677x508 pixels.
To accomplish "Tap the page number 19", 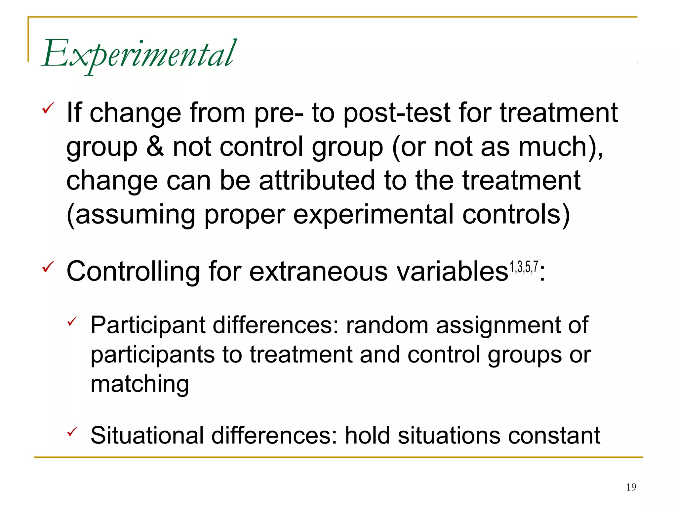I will click(631, 487).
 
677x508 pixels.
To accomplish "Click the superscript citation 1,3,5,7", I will click(524, 267).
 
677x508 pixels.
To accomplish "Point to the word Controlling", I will click(133, 271).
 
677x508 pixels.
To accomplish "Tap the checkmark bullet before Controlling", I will click(48, 267).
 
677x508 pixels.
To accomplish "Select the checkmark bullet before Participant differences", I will click(72, 321).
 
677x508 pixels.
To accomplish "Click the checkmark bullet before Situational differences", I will click(72, 431).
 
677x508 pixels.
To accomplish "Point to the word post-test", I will click(397, 113).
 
